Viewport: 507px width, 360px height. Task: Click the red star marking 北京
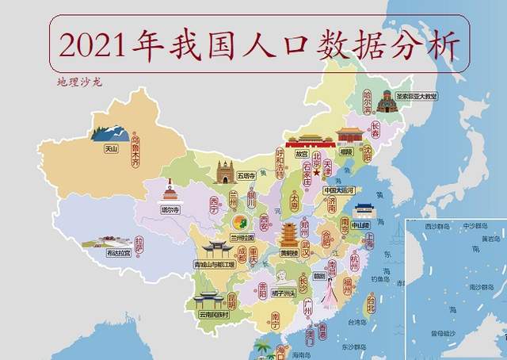[x=315, y=171]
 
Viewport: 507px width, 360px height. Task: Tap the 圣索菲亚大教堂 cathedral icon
[x=387, y=101]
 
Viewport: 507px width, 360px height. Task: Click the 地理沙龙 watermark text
[x=79, y=82]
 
